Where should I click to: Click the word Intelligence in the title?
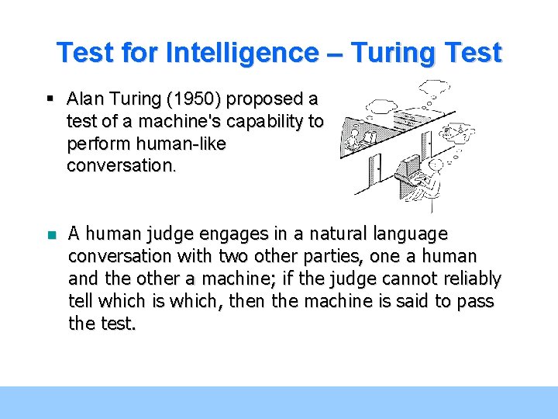coord(242,53)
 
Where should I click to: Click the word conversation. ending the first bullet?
coord(122,165)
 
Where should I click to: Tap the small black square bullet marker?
coord(50,99)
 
